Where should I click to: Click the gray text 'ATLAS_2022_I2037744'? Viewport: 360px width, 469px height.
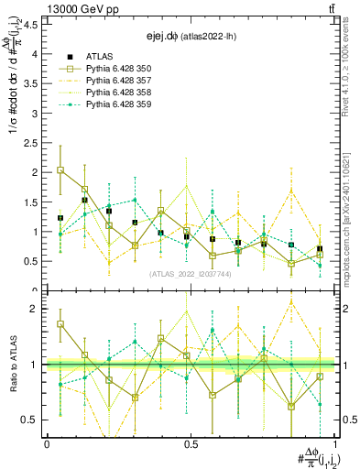pyautogui.click(x=190, y=274)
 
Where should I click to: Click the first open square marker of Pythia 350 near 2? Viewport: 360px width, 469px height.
pyautogui.click(x=60, y=170)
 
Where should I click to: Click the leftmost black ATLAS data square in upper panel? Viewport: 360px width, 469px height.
pyautogui.click(x=60, y=218)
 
